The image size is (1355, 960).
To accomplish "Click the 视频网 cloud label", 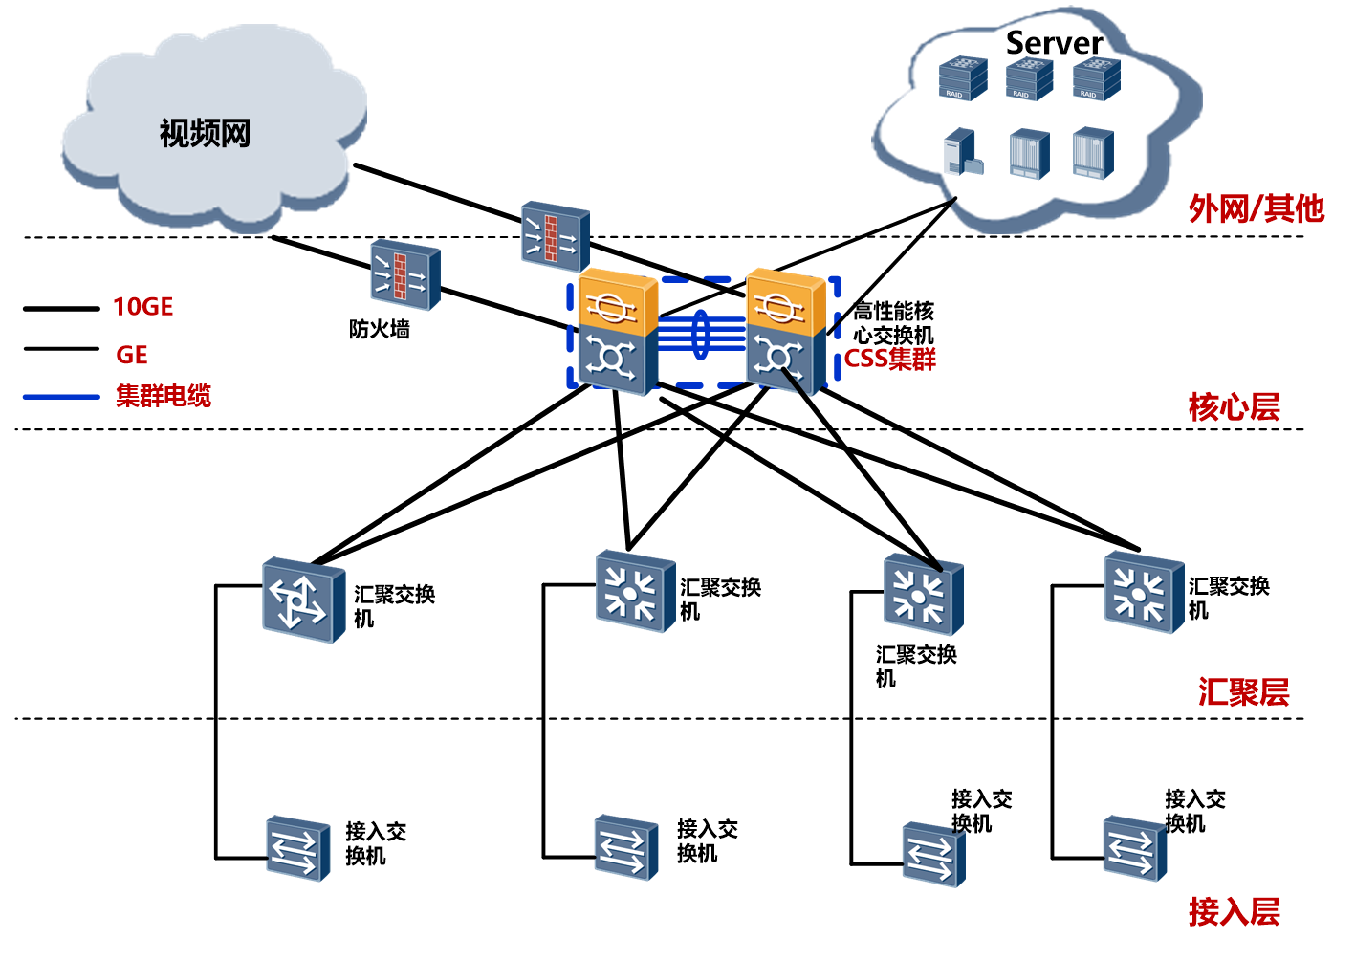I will pyautogui.click(x=205, y=133).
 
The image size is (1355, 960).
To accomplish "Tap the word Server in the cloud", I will pyautogui.click(x=1054, y=43).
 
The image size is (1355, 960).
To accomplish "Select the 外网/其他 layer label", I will pyautogui.click(x=1256, y=208).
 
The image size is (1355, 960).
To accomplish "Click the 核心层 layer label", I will pyautogui.click(x=1234, y=407).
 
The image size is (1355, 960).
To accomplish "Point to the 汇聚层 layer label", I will pyautogui.click(x=1243, y=691).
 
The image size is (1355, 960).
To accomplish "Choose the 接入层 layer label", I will pyautogui.click(x=1234, y=911).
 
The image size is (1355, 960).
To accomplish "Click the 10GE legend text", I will pyautogui.click(x=143, y=307).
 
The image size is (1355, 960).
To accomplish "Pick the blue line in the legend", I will pyautogui.click(x=61, y=396).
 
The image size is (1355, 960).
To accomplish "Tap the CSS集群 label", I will pyautogui.click(x=890, y=360).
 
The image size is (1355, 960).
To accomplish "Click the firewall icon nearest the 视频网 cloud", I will pyautogui.click(x=405, y=274).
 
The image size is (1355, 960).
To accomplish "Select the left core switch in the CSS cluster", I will pyautogui.click(x=617, y=332).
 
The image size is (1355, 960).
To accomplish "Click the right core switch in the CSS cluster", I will pyautogui.click(x=785, y=330).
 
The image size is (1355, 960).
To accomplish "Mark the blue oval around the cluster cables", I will pyautogui.click(x=701, y=334).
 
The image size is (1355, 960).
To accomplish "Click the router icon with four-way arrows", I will pyautogui.click(x=303, y=600).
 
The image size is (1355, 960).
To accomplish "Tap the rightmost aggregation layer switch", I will pyautogui.click(x=1144, y=592).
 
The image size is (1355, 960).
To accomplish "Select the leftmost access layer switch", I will pyautogui.click(x=297, y=847).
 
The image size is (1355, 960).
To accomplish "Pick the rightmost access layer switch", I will pyautogui.click(x=1134, y=847).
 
